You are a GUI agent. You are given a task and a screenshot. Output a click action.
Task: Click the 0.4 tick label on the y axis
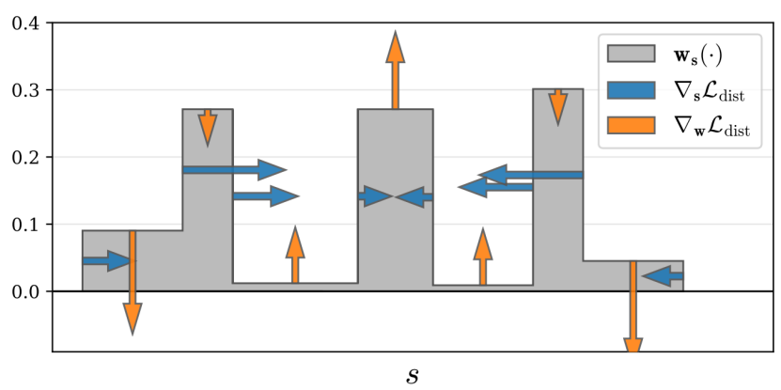coord(25,23)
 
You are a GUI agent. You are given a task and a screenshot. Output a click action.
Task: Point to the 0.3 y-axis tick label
coord(25,90)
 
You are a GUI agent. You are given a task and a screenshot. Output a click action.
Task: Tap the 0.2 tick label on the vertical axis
coord(25,157)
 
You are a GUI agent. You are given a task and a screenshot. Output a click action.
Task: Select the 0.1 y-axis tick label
coord(25,225)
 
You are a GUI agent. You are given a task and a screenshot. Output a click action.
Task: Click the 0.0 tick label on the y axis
coord(25,291)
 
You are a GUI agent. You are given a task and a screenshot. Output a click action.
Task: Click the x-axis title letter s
coord(413,375)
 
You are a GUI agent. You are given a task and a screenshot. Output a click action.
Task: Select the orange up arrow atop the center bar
coord(396,70)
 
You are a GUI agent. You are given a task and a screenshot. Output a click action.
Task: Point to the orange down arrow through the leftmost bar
coord(133,282)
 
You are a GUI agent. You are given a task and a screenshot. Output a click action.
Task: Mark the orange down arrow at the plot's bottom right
coord(633,320)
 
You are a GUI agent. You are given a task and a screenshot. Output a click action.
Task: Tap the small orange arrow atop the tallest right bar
coord(558,106)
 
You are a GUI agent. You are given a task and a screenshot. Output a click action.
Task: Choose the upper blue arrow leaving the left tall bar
coord(234,169)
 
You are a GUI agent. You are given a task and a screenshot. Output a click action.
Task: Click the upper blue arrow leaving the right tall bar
coord(531,174)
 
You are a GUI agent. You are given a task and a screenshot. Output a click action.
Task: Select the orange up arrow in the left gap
coord(295,255)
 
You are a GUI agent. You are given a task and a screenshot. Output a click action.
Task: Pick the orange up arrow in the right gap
coord(483,257)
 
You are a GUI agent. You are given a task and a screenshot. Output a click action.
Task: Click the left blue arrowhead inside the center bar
coord(376,196)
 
